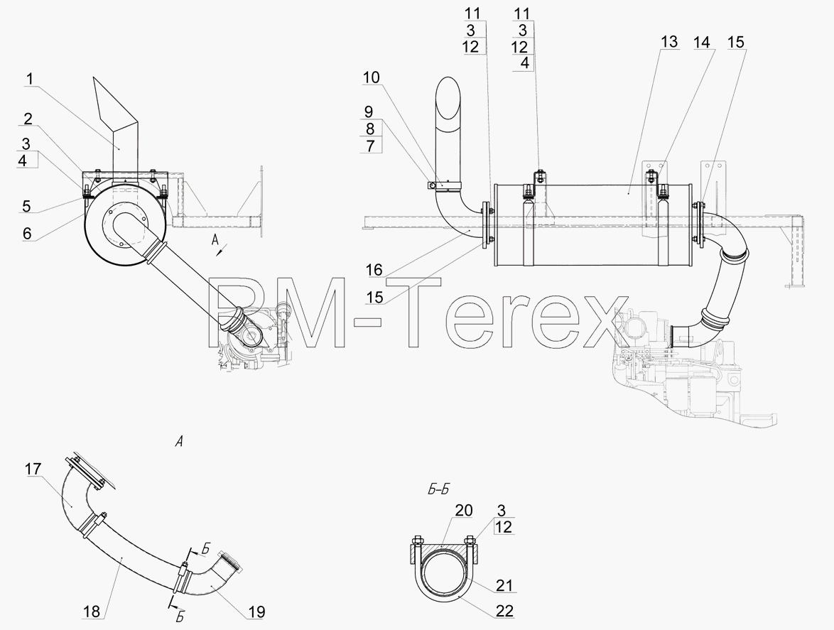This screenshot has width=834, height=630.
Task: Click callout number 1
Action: pyautogui.click(x=31, y=80)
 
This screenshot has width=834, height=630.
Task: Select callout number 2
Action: pyautogui.click(x=28, y=119)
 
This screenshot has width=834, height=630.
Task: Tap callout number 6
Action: pyautogui.click(x=27, y=234)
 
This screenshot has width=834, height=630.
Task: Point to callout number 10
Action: pyautogui.click(x=372, y=77)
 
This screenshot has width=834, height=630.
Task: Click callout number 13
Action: pyautogui.click(x=670, y=41)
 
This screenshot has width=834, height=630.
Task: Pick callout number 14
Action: pyautogui.click(x=702, y=42)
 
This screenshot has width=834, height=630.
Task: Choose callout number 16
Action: pyautogui.click(x=374, y=270)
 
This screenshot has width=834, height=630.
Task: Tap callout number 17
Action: pyautogui.click(x=33, y=469)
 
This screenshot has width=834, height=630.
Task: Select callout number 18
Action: pyautogui.click(x=92, y=612)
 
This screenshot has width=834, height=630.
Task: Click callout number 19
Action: pyautogui.click(x=256, y=612)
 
